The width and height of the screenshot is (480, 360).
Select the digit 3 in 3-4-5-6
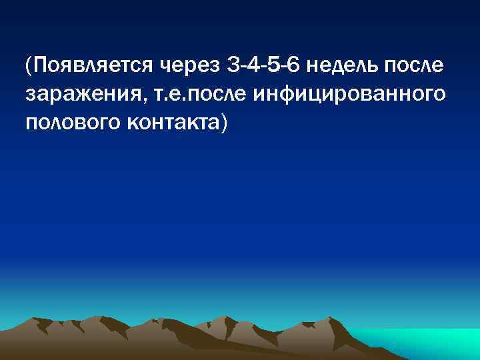(x=233, y=66)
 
